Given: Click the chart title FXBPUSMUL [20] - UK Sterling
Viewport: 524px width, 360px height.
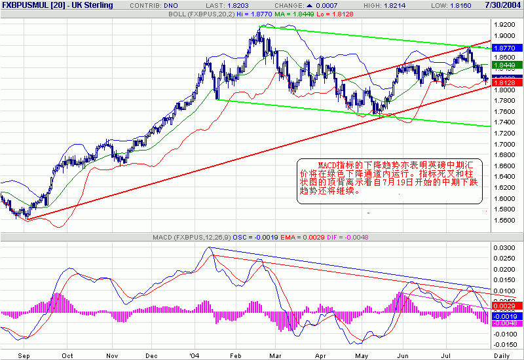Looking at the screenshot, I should coord(57,5).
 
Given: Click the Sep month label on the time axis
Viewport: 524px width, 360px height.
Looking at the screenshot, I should coord(24,355).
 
